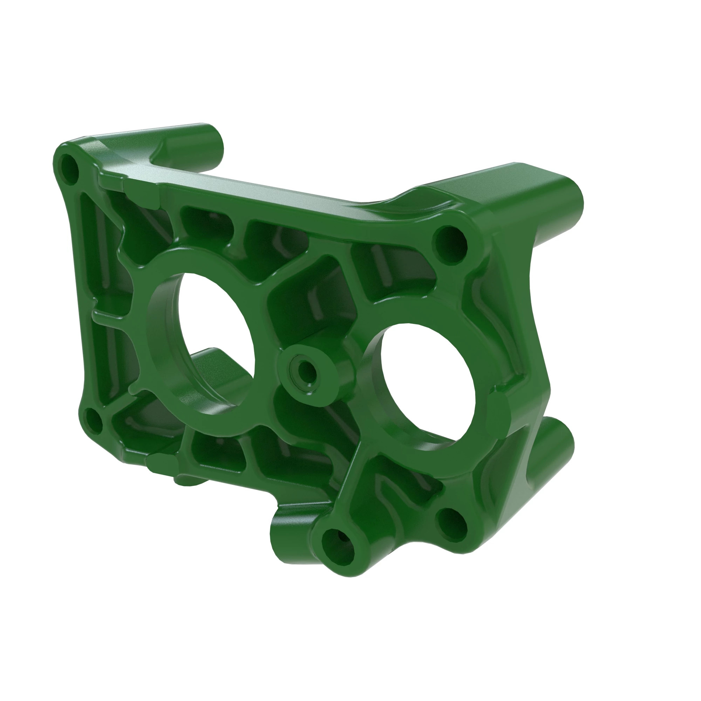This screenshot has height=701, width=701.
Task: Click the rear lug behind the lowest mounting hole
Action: coord(290,526)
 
